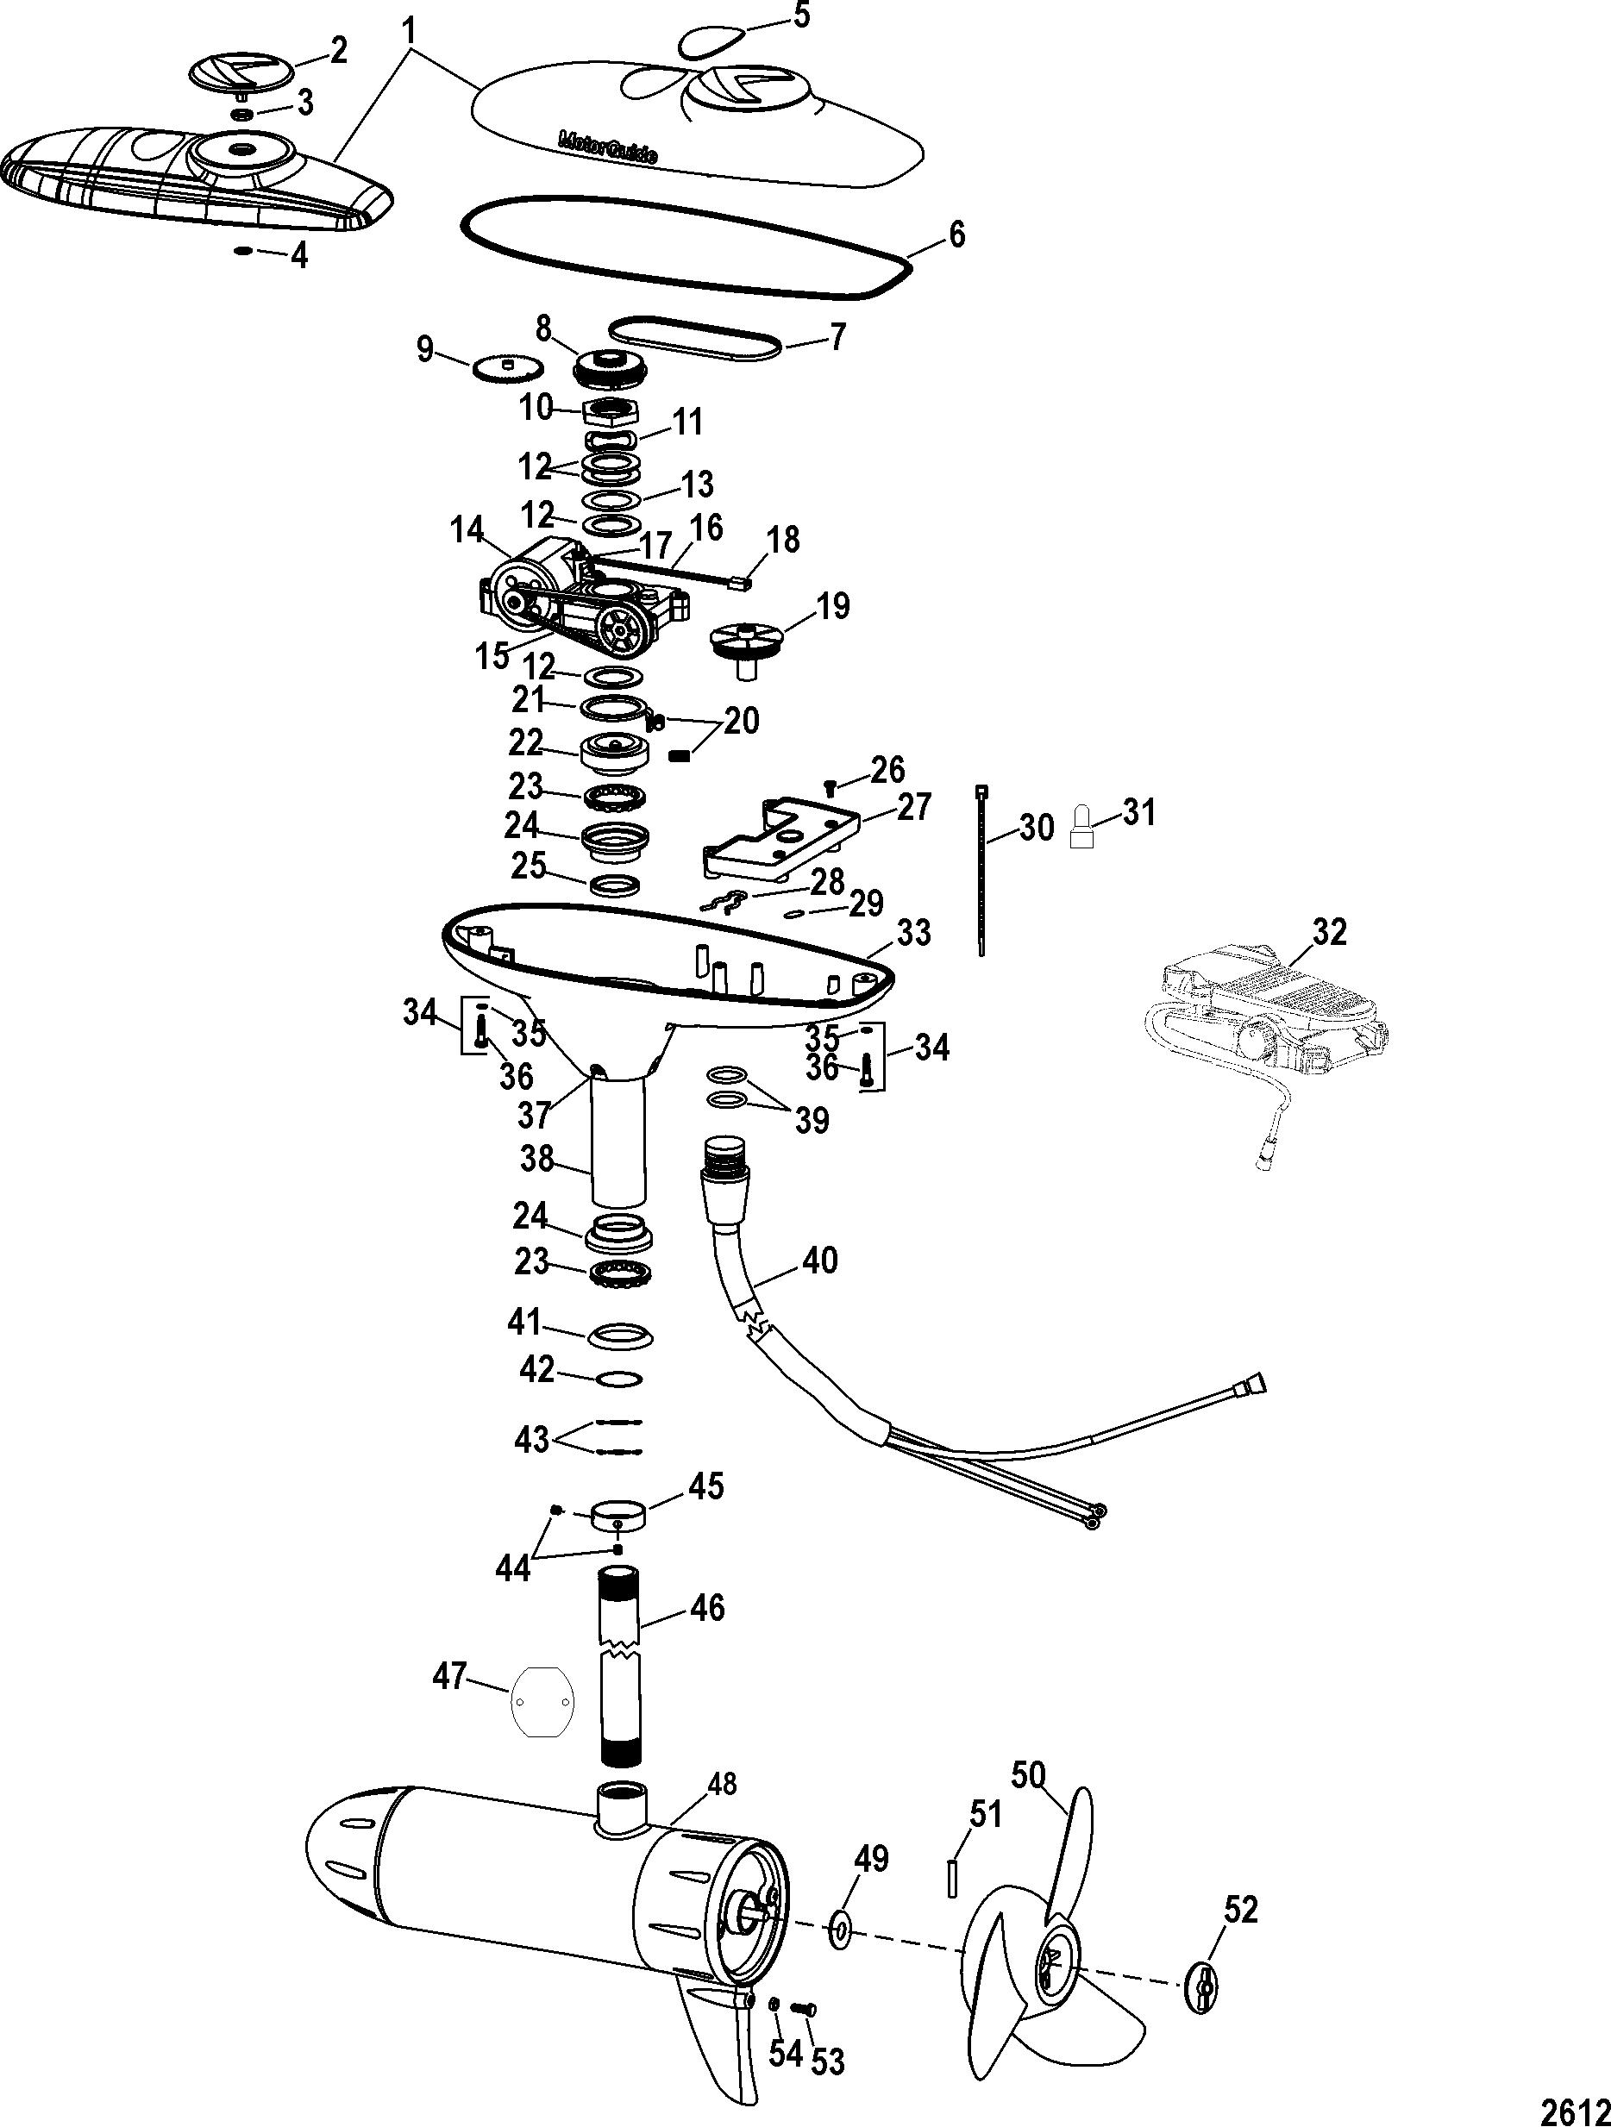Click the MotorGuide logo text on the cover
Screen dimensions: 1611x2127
click(608, 150)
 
